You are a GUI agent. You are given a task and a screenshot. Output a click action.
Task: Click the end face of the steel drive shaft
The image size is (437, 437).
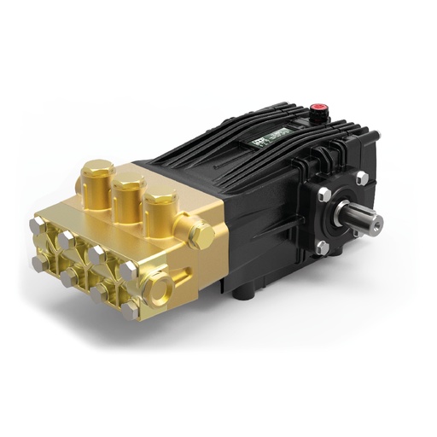(x=375, y=223)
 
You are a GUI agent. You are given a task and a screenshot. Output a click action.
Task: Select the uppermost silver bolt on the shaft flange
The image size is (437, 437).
(x=362, y=178)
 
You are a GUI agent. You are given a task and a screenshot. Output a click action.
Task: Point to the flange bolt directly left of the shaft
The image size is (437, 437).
(x=323, y=195)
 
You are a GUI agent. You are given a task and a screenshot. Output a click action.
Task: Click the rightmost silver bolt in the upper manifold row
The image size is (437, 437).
(x=128, y=271)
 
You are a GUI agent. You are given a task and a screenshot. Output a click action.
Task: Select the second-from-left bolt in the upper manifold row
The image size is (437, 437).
(x=64, y=242)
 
